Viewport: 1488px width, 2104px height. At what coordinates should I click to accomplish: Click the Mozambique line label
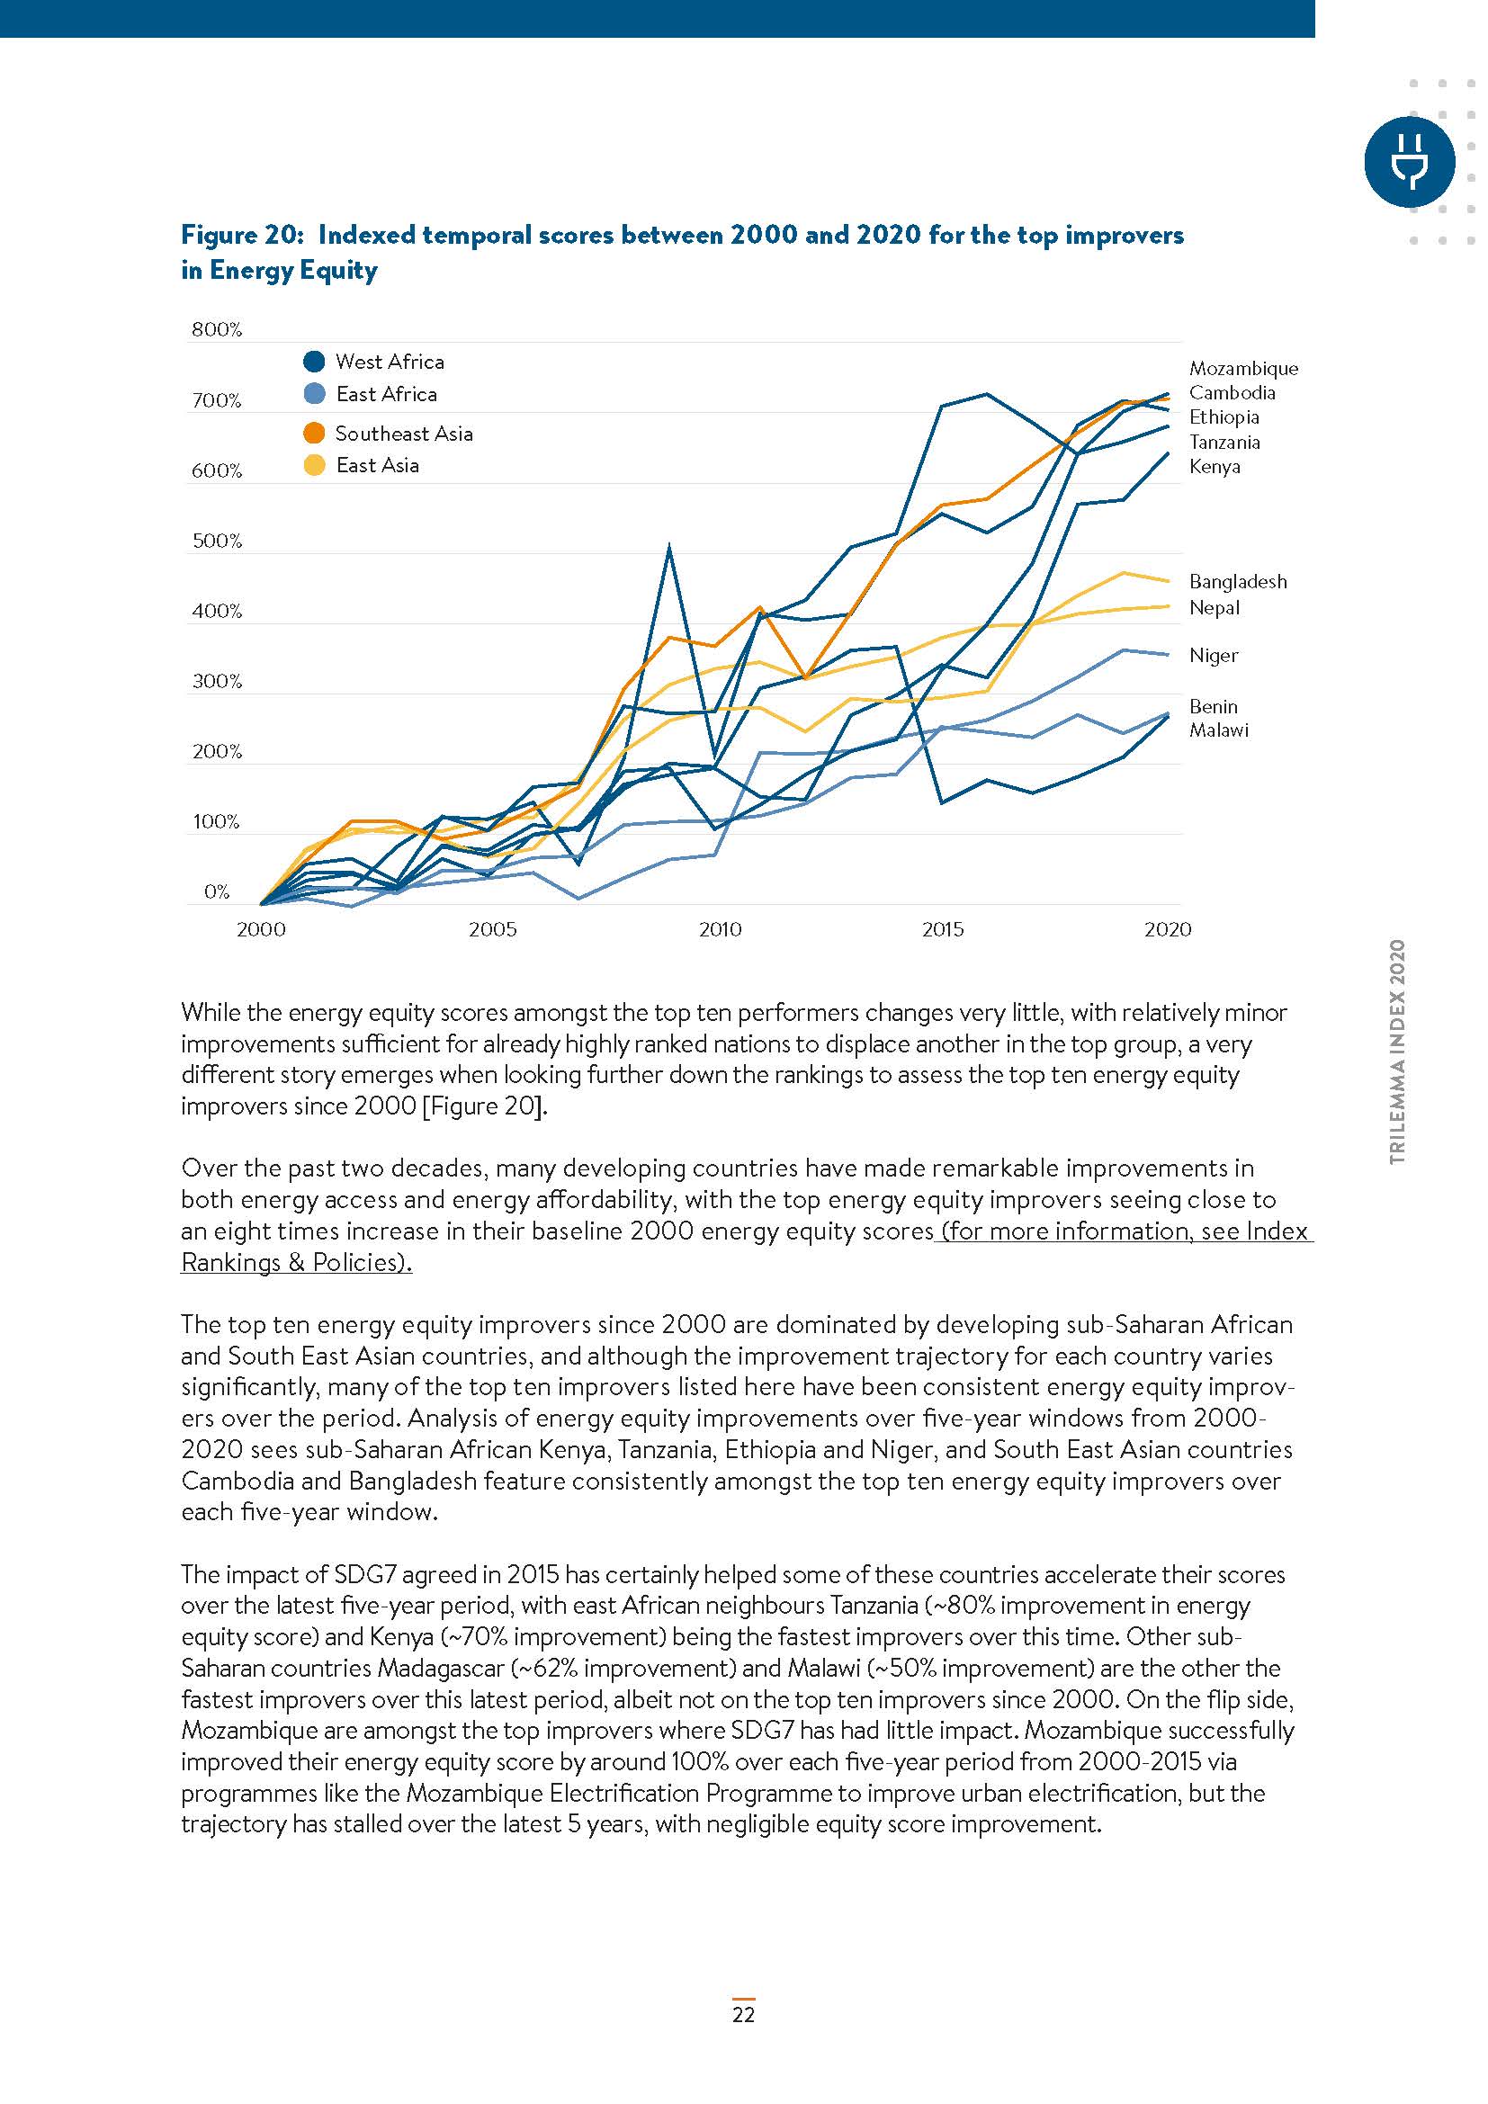pyautogui.click(x=1242, y=369)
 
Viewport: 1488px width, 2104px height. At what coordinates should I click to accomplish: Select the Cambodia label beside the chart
pyautogui.click(x=1232, y=393)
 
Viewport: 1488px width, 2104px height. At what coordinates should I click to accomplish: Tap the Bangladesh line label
pyautogui.click(x=1237, y=582)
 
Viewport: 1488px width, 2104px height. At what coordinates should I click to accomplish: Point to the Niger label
pyautogui.click(x=1213, y=655)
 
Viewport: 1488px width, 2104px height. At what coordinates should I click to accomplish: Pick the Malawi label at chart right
pyautogui.click(x=1218, y=730)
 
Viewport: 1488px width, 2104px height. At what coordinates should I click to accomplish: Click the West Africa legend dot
pyautogui.click(x=314, y=361)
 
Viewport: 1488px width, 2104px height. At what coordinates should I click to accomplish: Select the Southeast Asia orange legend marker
pyautogui.click(x=314, y=434)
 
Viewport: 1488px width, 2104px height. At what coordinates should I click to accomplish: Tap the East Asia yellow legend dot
pyautogui.click(x=314, y=466)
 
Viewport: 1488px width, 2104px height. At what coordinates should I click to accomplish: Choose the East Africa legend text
pyautogui.click(x=386, y=394)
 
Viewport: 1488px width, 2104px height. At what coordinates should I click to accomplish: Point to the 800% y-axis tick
pyautogui.click(x=216, y=330)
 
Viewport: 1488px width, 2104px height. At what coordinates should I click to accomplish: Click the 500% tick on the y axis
pyautogui.click(x=216, y=541)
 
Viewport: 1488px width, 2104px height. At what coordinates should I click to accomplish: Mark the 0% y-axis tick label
pyautogui.click(x=216, y=891)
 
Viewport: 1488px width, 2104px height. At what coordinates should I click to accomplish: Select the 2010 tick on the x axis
pyautogui.click(x=721, y=930)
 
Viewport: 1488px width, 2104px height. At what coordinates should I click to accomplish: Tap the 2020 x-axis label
pyautogui.click(x=1168, y=930)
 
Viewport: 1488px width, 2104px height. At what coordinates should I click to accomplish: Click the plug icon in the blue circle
pyautogui.click(x=1409, y=161)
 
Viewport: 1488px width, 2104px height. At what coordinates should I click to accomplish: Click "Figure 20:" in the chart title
pyautogui.click(x=242, y=236)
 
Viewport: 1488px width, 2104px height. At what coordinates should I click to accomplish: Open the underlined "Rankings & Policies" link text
pyautogui.click(x=295, y=1263)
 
